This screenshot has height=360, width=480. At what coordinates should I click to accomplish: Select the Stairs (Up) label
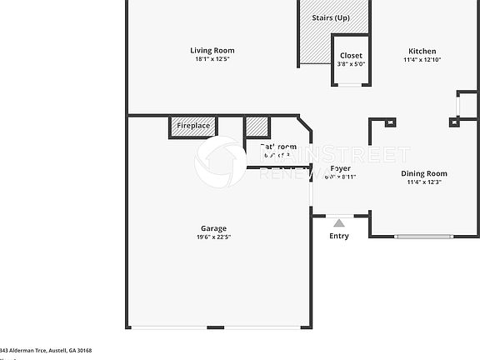click(330, 17)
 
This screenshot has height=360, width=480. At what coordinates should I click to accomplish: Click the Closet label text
click(351, 56)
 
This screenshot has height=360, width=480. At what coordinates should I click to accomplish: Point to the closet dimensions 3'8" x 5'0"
click(351, 64)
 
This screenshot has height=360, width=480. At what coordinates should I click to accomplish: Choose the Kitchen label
click(422, 51)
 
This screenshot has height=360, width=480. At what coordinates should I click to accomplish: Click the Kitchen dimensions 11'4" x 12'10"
click(422, 60)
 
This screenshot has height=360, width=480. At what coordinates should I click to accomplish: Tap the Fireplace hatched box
click(192, 126)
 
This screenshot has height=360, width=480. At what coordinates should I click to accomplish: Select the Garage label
click(213, 228)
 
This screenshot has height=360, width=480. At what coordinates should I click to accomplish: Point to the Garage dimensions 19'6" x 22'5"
click(213, 237)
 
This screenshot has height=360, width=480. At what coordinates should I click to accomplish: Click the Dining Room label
click(424, 173)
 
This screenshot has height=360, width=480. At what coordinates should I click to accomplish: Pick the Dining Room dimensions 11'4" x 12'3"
click(424, 182)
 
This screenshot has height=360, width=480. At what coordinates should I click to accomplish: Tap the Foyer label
click(340, 168)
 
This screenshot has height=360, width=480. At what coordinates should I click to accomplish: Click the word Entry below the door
click(339, 236)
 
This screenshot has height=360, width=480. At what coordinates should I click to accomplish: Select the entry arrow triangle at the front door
click(338, 222)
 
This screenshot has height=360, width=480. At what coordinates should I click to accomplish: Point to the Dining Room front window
click(425, 237)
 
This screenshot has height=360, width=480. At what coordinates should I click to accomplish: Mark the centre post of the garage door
click(215, 327)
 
